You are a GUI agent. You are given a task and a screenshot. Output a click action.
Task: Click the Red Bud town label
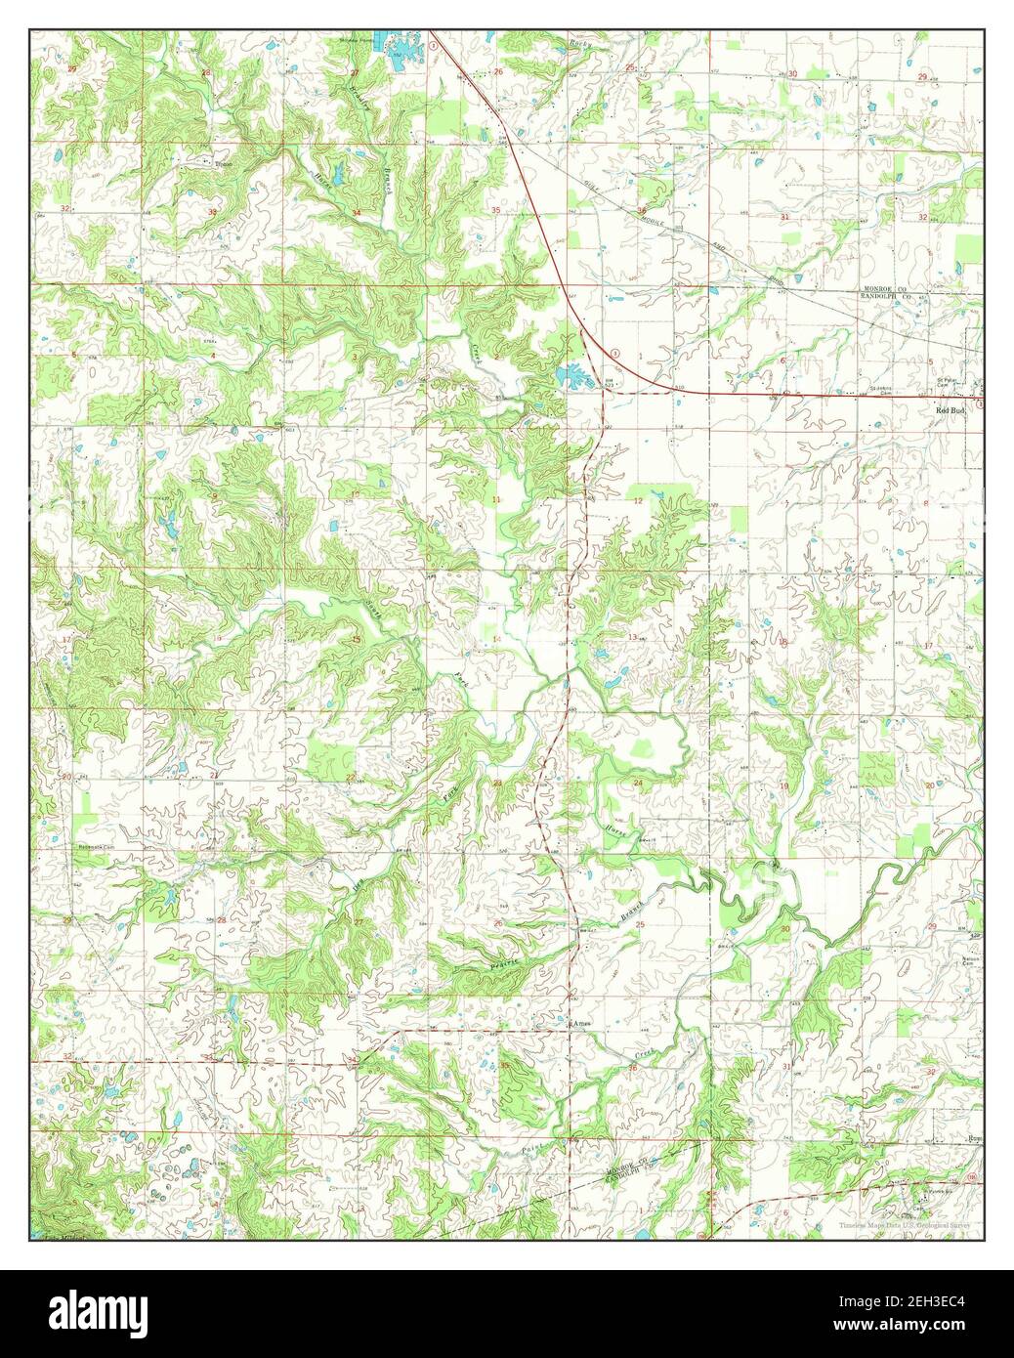(x=951, y=411)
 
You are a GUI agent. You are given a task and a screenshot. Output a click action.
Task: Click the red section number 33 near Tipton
(x=212, y=212)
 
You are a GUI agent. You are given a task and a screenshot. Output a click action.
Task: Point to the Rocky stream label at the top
(x=581, y=44)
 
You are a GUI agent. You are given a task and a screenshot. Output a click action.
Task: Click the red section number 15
(x=357, y=639)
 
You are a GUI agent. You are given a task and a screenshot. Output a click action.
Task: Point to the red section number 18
(x=782, y=642)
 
